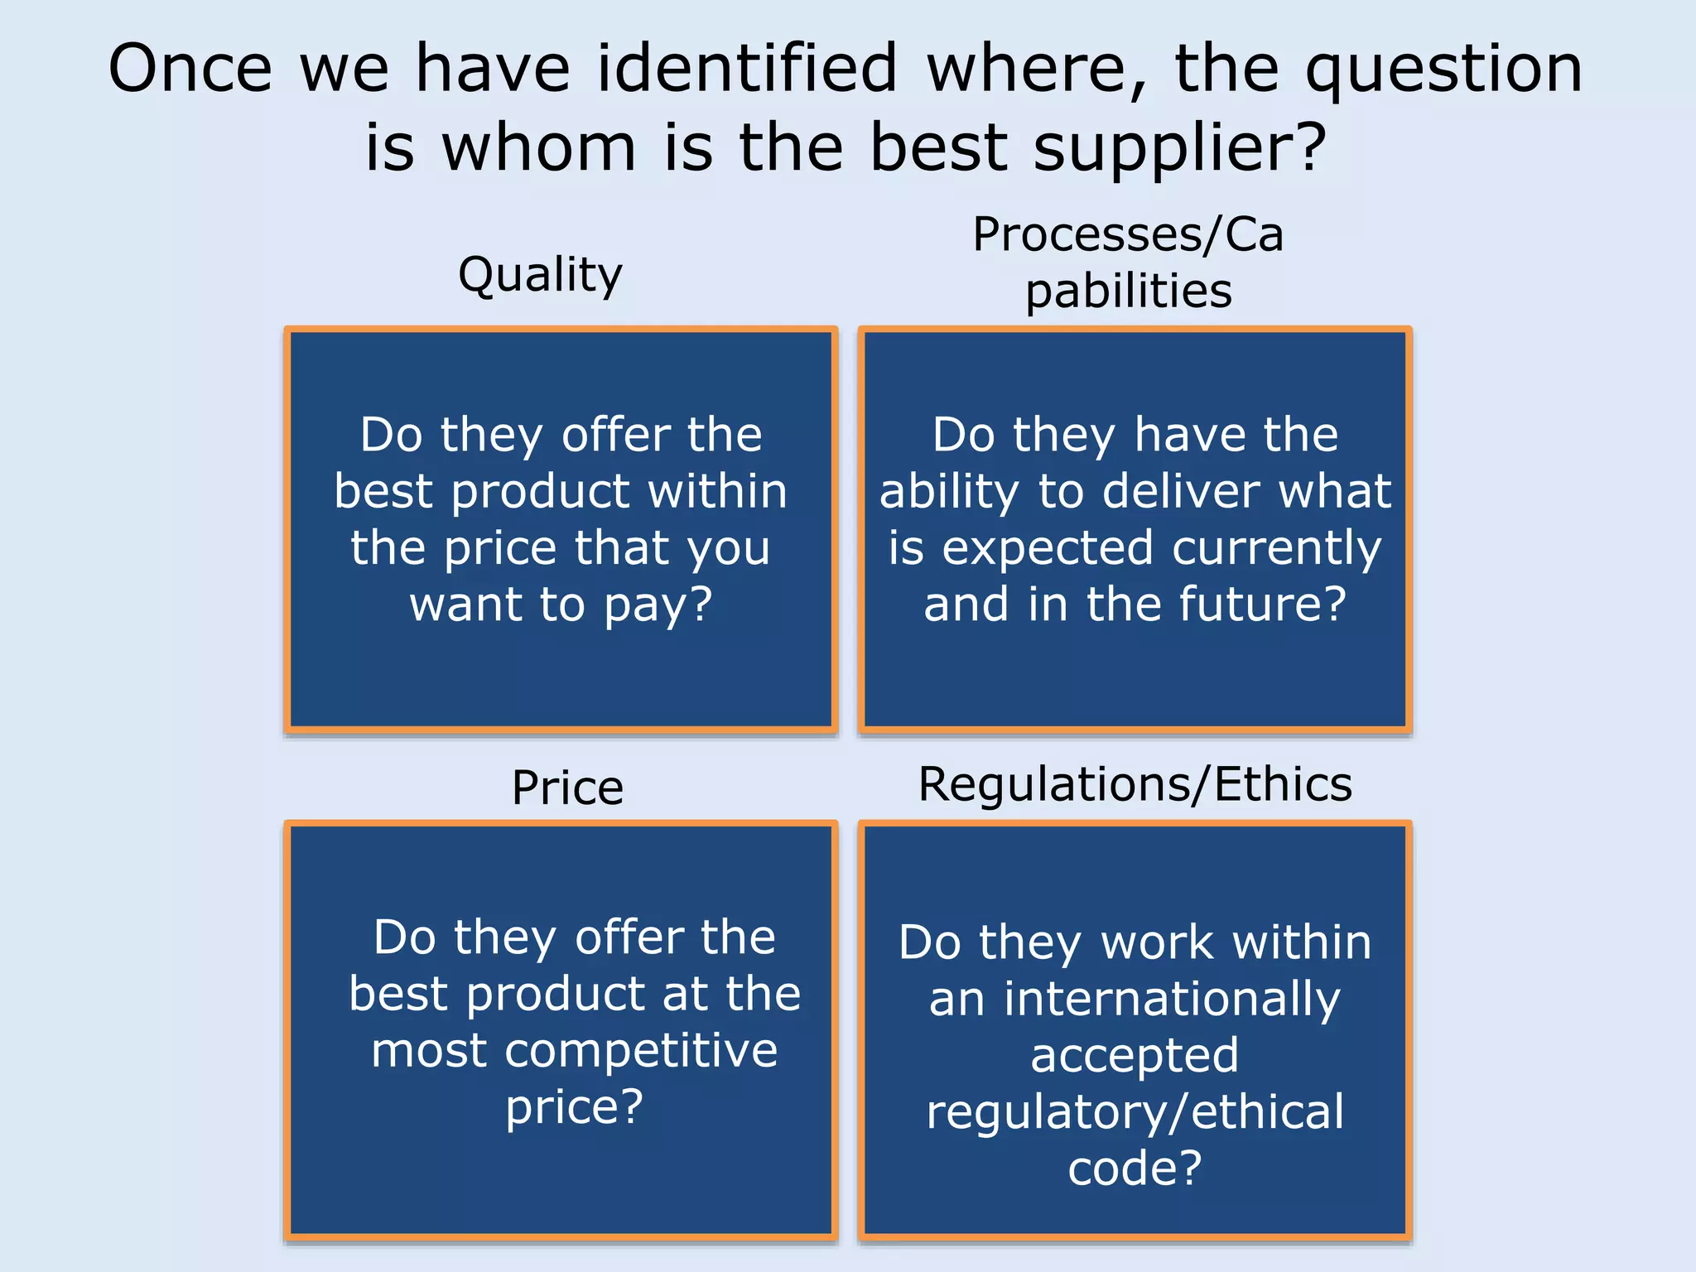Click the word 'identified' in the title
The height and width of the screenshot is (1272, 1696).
tap(746, 68)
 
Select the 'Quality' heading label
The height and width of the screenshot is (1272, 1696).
tap(540, 275)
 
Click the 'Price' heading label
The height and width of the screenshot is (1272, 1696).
tap(567, 788)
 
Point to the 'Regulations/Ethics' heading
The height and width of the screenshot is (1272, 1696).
tap(1135, 784)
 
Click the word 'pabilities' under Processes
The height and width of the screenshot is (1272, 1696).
tap(1129, 291)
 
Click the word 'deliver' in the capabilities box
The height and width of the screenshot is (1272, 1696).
tap(1181, 491)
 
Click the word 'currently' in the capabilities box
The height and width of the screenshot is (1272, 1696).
tap(1276, 548)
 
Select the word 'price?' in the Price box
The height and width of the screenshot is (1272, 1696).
tap(574, 1107)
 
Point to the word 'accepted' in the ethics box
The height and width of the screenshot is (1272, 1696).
tap(1135, 1056)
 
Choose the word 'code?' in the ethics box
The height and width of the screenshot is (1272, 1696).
tap(1135, 1168)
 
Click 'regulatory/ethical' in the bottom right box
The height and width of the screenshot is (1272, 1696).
tap(1135, 1112)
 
